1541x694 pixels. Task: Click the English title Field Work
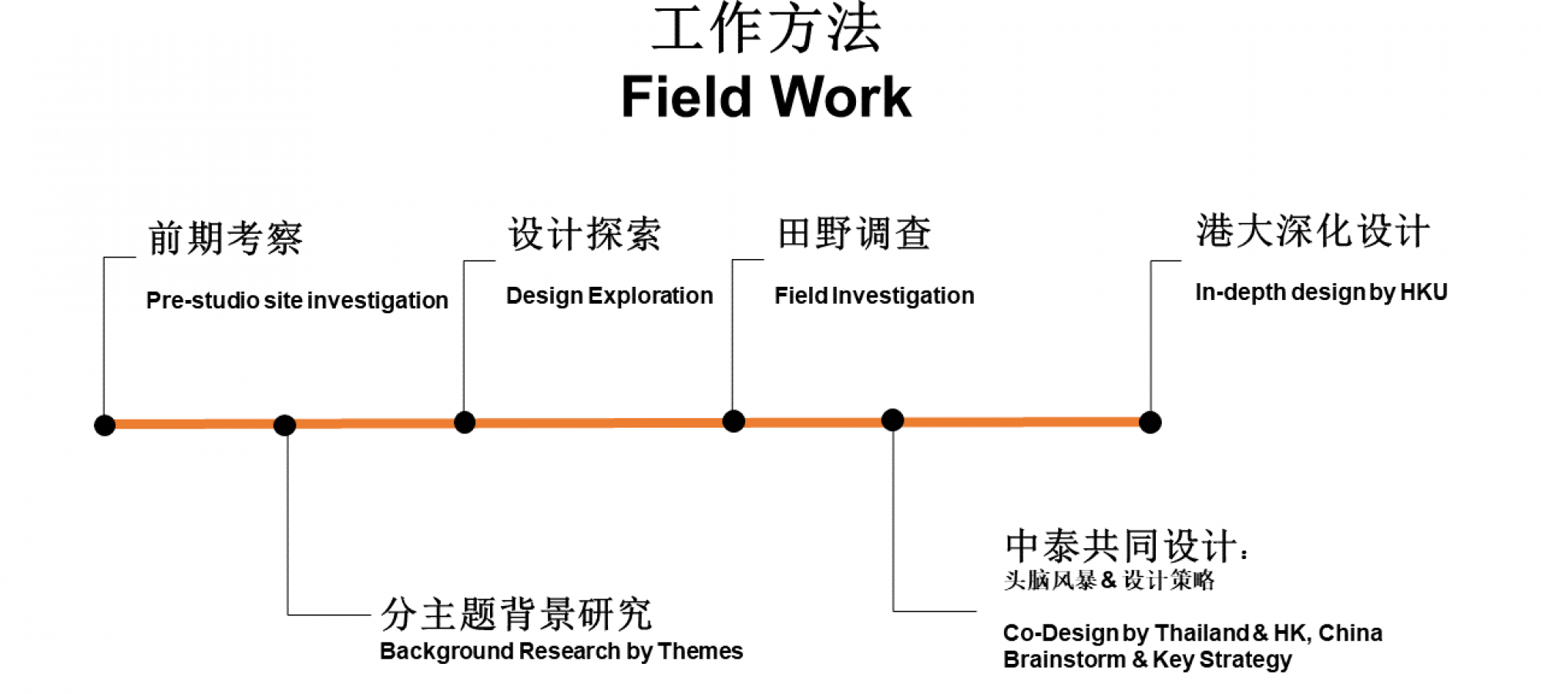(766, 97)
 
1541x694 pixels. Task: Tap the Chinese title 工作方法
(766, 29)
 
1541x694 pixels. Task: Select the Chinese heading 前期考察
(226, 238)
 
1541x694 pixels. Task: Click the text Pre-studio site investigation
(297, 300)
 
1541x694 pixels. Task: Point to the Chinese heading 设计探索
(585, 234)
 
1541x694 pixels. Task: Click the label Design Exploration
(609, 295)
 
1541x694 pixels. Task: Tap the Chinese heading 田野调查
(854, 234)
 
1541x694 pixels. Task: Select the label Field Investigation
(874, 295)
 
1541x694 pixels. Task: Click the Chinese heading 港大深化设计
(1313, 231)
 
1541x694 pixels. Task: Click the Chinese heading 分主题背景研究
(516, 615)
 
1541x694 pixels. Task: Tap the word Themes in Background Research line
(700, 652)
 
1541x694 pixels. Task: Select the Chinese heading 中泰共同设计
(1122, 547)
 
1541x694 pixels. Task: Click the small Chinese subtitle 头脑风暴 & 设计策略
(1109, 580)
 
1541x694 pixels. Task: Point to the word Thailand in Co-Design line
(1201, 633)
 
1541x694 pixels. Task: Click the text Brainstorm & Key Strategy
(1147, 660)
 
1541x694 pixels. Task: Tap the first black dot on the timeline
(105, 425)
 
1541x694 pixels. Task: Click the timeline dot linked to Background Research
(284, 425)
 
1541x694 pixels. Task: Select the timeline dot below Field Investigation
(734, 421)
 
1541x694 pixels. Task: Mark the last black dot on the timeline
(1150, 423)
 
